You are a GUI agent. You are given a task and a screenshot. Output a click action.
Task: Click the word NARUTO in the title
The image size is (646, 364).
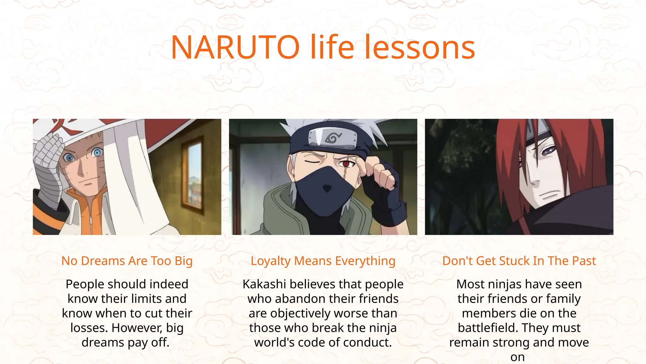click(x=235, y=47)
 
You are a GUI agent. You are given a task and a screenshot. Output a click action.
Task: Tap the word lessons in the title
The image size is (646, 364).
click(x=420, y=47)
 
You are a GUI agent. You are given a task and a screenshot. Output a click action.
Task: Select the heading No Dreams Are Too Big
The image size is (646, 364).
click(x=127, y=261)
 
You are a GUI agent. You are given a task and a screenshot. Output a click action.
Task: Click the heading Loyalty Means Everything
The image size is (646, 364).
click(x=323, y=261)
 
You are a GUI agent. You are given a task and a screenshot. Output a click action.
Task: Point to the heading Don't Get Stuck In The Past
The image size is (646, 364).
click(x=519, y=261)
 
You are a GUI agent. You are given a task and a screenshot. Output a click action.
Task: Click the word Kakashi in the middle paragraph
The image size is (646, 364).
click(x=264, y=284)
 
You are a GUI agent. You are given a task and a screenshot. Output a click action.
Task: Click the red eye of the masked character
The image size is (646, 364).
click(x=346, y=164)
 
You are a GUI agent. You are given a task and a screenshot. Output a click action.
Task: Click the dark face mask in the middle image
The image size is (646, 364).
click(x=326, y=186)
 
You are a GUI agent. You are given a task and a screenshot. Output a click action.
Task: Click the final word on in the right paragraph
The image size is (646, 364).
click(x=517, y=357)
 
